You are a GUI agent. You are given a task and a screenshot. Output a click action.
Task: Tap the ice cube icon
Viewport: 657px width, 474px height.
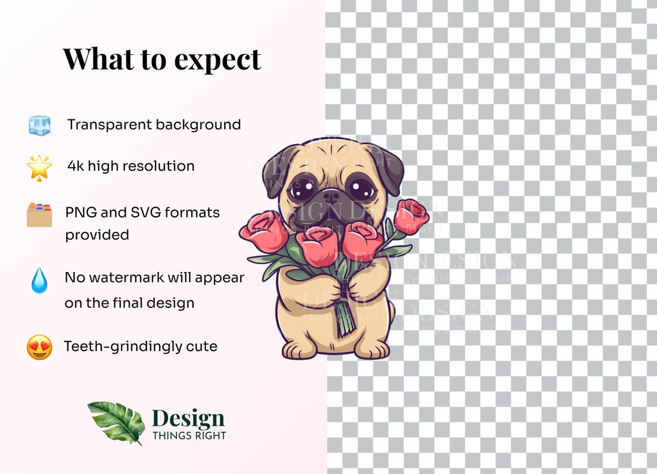click(x=40, y=125)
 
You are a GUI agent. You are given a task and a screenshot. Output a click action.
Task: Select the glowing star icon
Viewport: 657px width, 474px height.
click(x=39, y=167)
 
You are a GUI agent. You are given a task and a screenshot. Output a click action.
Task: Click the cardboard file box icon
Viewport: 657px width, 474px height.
click(x=39, y=215)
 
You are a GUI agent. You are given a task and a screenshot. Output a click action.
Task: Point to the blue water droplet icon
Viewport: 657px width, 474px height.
click(x=39, y=280)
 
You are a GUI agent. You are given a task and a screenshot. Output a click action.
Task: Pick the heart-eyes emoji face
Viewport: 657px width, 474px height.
click(x=39, y=347)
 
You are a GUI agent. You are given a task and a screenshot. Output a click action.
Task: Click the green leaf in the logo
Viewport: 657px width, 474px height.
click(x=117, y=422)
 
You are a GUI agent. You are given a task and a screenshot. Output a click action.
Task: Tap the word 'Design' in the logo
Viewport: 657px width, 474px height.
click(x=188, y=418)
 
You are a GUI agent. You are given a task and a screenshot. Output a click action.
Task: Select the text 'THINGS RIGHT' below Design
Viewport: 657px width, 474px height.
click(x=189, y=435)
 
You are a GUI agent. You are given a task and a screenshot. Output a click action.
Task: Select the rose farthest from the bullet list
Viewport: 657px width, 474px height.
click(x=411, y=216)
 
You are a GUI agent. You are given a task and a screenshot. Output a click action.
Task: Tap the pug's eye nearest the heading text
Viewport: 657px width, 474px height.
click(x=303, y=189)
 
